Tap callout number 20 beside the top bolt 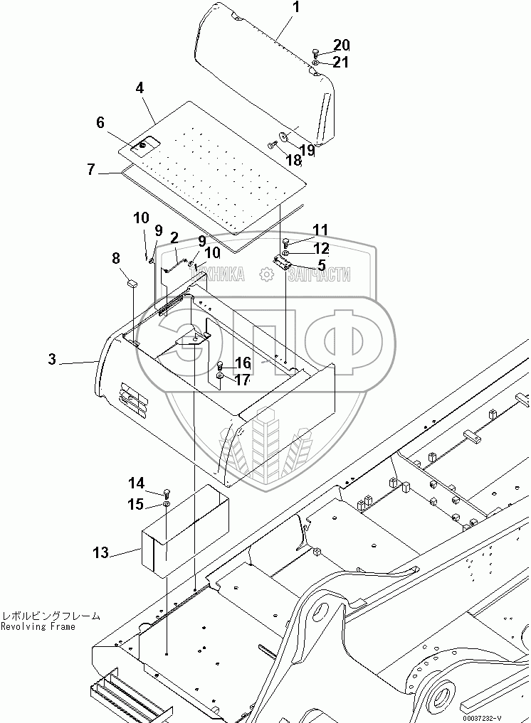coord(342,45)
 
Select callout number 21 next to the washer coord(341,63)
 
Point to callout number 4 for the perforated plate coord(140,88)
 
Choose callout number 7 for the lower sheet coord(90,170)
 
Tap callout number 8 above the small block coord(116,259)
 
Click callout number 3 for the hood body coord(52,360)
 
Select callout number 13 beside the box coord(101,552)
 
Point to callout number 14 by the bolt coord(136,483)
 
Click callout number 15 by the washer coord(136,505)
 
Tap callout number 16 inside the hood coord(243,363)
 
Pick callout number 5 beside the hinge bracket coord(322,265)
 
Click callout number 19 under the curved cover coord(307,150)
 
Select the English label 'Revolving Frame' coord(38,627)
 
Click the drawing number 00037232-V coord(482,716)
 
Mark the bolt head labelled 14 coord(167,492)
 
